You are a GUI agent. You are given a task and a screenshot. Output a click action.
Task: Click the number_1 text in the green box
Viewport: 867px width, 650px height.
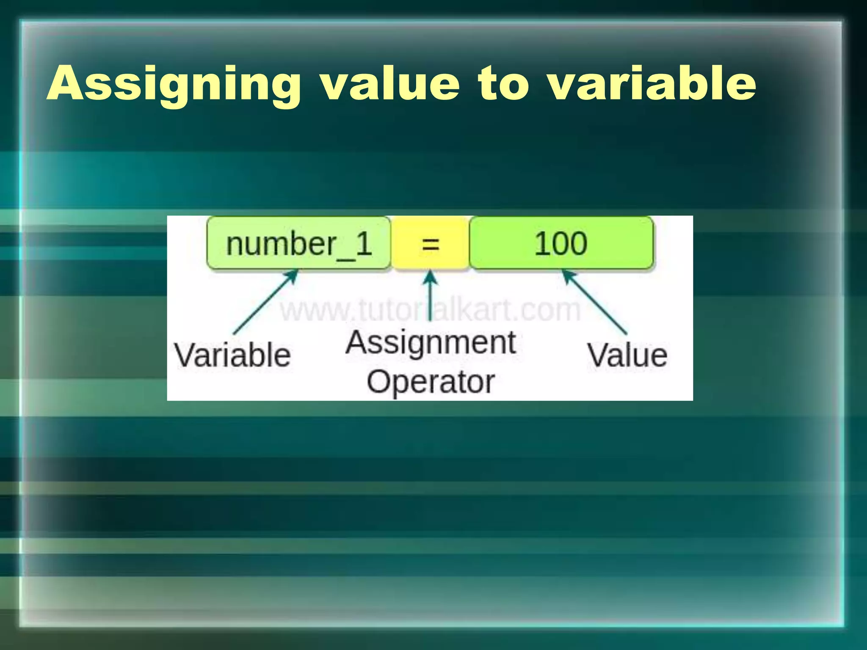(299, 244)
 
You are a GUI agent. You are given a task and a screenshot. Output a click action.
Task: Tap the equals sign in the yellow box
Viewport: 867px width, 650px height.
(431, 245)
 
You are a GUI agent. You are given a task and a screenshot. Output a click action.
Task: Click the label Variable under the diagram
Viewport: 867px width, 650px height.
(232, 355)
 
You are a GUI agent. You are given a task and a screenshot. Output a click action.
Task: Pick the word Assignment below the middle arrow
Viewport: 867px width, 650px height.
(431, 343)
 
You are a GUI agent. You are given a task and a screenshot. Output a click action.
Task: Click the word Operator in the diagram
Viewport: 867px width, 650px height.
(431, 382)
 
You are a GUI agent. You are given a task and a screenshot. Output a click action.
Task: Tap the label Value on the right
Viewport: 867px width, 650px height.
(627, 355)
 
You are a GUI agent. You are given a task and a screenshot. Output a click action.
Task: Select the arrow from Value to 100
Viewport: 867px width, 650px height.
(594, 301)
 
